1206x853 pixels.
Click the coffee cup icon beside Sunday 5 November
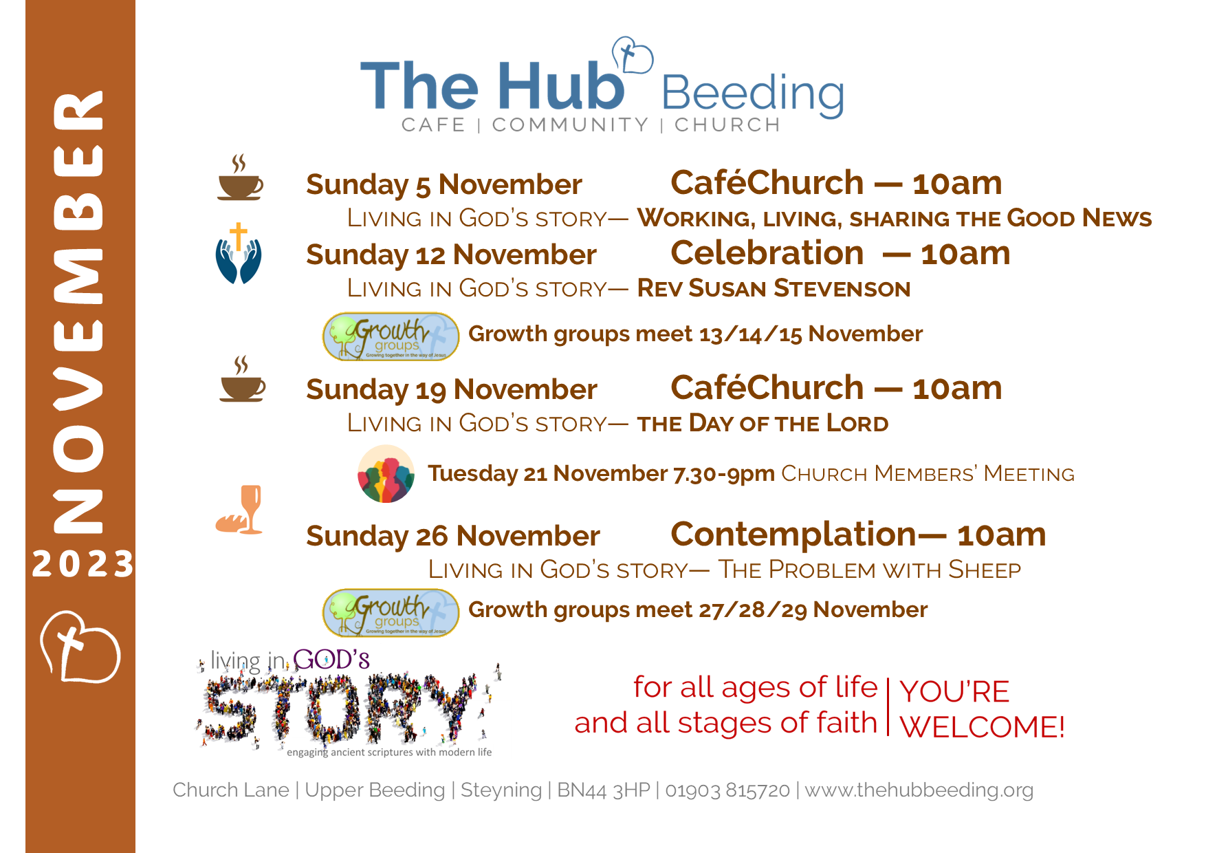[x=240, y=177]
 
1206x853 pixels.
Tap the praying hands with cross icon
[x=239, y=253]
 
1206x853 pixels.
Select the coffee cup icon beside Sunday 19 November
[x=242, y=379]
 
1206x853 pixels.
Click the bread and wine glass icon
[x=239, y=510]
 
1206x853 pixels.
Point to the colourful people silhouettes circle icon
[x=386, y=474]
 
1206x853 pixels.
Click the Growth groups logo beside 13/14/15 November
[x=391, y=336]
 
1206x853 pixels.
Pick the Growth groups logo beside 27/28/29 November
[x=391, y=612]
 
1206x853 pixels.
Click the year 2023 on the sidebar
[x=83, y=564]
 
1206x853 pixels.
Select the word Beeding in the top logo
[x=752, y=95]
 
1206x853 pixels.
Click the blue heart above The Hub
[x=632, y=55]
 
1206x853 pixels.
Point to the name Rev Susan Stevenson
[x=774, y=288]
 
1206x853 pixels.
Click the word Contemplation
[x=793, y=535]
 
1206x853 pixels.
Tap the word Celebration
[x=767, y=253]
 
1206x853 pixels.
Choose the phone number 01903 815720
[x=727, y=790]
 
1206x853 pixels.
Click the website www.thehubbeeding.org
[x=919, y=790]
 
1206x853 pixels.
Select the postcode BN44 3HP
[x=603, y=790]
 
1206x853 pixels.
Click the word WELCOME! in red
[x=982, y=727]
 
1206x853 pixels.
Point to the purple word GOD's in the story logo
[x=331, y=660]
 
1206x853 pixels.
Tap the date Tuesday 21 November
[x=547, y=473]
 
